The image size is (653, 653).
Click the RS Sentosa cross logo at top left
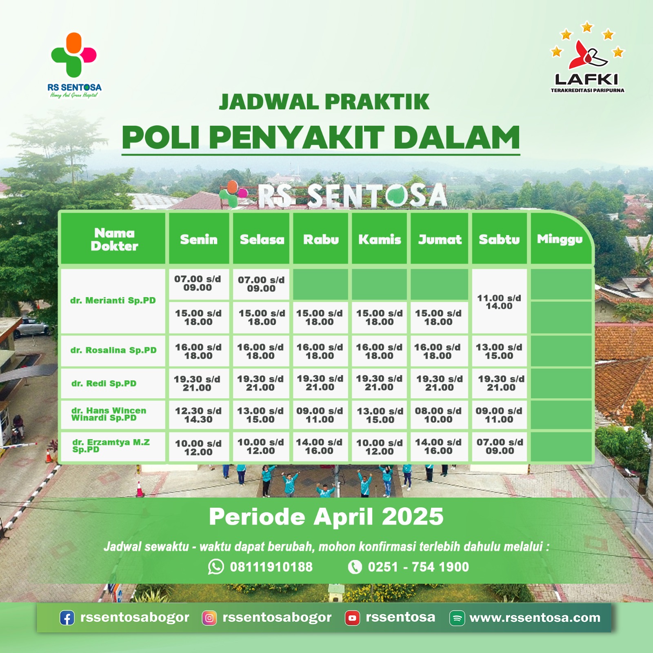click(x=73, y=55)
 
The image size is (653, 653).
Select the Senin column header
click(x=199, y=239)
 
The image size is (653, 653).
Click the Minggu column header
click(x=560, y=239)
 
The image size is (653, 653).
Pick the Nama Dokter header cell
click(x=114, y=239)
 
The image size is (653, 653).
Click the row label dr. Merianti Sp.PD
click(x=113, y=301)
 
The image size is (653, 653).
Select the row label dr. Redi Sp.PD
click(x=104, y=384)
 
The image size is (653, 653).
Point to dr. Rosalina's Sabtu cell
click(x=499, y=351)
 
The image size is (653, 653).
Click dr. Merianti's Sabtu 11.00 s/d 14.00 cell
click(x=499, y=302)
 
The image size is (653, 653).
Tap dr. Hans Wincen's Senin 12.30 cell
click(x=198, y=415)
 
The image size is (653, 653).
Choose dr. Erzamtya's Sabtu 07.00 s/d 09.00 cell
click(x=500, y=446)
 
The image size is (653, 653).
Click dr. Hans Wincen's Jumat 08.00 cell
click(x=438, y=415)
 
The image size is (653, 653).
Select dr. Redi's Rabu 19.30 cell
click(x=320, y=383)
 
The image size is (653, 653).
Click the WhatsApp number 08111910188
click(x=271, y=567)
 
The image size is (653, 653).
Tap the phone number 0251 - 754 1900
click(x=418, y=567)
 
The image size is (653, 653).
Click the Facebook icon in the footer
click(x=67, y=618)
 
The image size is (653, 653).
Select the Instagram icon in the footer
click(x=209, y=618)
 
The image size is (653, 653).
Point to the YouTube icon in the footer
click(x=352, y=618)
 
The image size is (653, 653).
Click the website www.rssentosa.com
click(x=535, y=618)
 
